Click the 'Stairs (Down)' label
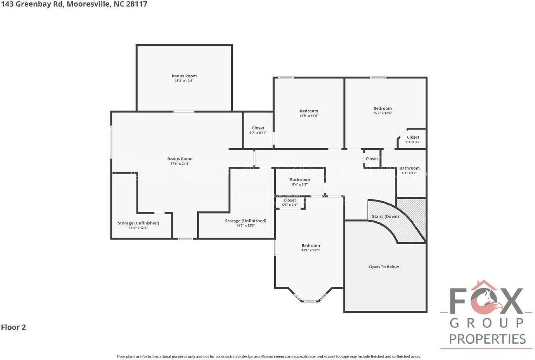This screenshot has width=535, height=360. [385, 216]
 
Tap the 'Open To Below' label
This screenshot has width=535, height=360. [384, 266]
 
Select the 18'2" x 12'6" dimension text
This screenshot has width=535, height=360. [184, 81]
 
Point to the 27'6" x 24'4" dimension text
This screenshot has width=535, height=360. [180, 164]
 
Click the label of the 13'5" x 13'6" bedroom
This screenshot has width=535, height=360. [309, 111]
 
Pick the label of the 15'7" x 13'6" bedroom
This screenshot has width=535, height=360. [382, 109]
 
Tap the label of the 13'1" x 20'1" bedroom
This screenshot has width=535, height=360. [311, 245]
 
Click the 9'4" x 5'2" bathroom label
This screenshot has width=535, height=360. [300, 180]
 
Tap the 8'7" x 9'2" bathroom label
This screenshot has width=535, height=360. [409, 168]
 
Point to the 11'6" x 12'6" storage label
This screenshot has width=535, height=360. [138, 223]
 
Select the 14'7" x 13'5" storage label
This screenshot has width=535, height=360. [245, 221]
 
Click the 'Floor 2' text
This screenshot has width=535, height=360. [13, 327]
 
